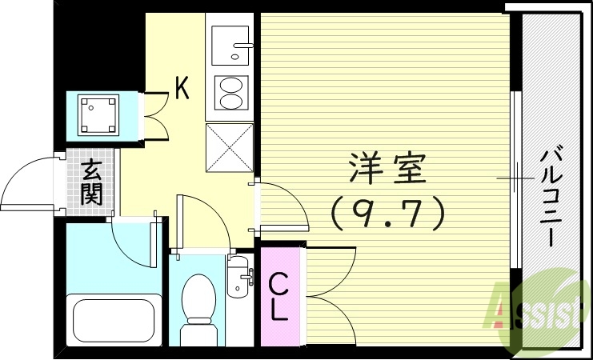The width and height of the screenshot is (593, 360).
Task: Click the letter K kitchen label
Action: point(182,89)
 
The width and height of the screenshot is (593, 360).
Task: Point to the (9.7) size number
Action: point(387,211)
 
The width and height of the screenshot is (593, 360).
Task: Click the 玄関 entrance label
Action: point(91,182)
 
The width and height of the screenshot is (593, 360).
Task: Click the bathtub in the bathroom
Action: point(113,320)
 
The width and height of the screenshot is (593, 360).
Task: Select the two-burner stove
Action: point(230,93)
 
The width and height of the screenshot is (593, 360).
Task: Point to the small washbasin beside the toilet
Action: point(238,276)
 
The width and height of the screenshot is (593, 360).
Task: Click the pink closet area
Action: point(278,296)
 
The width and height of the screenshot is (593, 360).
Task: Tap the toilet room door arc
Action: point(204,221)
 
